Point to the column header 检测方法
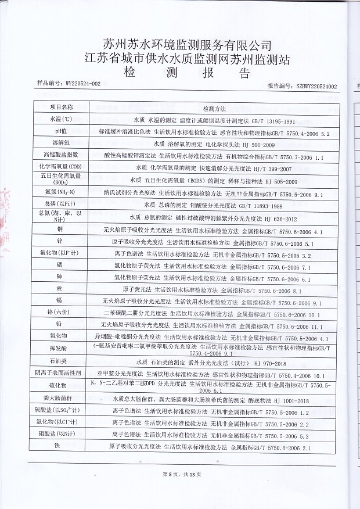213,109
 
